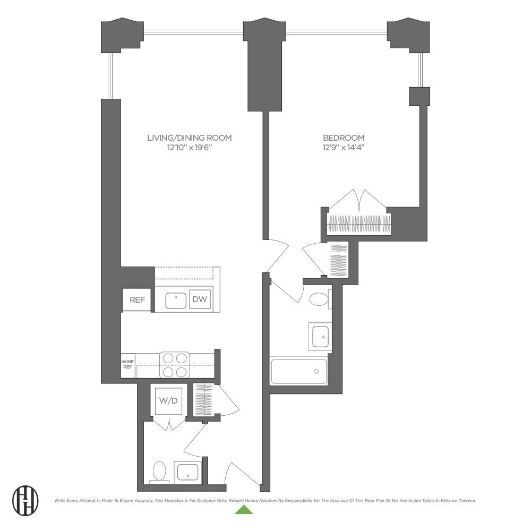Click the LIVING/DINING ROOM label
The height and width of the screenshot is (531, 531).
[x=189, y=138]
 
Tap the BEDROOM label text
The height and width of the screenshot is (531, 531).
[x=344, y=138]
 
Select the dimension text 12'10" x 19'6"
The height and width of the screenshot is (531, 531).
[x=189, y=148]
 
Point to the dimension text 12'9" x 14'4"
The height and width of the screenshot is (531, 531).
[x=344, y=148]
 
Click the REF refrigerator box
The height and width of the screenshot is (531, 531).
[x=137, y=300]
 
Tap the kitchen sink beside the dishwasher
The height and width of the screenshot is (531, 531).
[x=175, y=301]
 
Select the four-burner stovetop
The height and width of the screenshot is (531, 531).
[x=175, y=365]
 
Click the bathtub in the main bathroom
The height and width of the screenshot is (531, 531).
[x=299, y=371]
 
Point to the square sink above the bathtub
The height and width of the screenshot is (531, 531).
[x=320, y=336]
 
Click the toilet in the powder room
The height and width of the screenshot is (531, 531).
[x=159, y=471]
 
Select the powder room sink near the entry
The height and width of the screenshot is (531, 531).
[x=187, y=472]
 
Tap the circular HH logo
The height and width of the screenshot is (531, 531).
[x=25, y=500]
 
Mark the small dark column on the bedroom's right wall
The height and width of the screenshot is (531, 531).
[x=418, y=96]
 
